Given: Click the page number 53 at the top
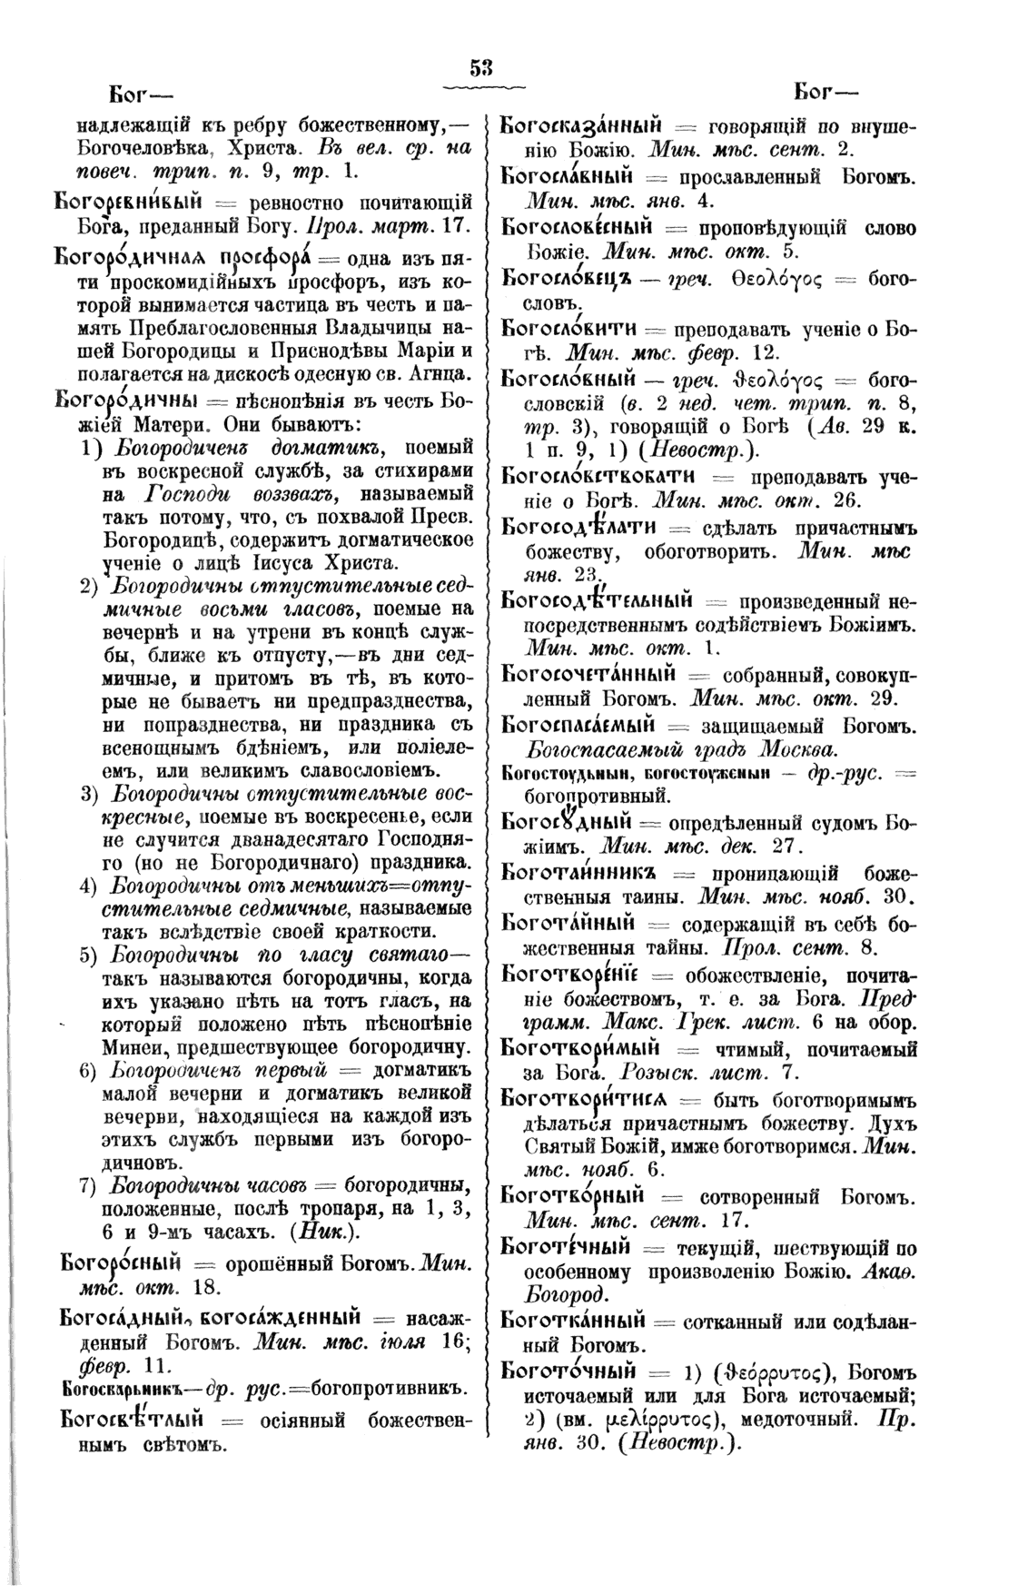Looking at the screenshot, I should [481, 67].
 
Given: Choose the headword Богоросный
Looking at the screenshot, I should [122, 1262].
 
